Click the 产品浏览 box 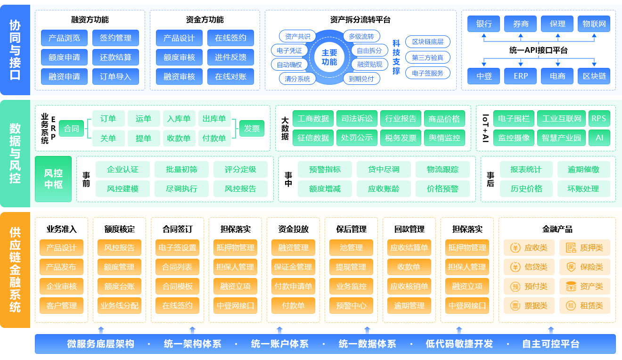(64, 38)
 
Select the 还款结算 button (115, 57)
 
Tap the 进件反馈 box (230, 57)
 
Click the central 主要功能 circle (329, 57)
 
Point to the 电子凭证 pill (289, 50)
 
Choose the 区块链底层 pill (427, 41)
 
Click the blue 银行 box (484, 24)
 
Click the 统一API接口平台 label (538, 50)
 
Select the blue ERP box (521, 76)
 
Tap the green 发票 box (252, 128)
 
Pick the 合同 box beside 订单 (72, 128)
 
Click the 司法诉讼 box (357, 119)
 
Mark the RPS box (599, 119)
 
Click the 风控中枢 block (53, 179)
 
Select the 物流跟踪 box (442, 169)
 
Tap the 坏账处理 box (583, 188)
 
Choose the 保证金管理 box (293, 267)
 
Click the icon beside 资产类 (571, 286)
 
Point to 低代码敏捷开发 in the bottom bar (459, 344)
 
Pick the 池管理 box (351, 247)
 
